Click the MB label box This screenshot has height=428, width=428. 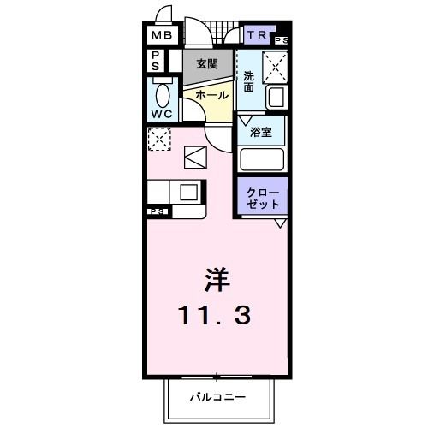162,35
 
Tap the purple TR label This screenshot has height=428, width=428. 257,35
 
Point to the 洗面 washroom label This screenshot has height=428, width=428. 249,80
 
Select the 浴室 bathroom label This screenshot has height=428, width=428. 261,132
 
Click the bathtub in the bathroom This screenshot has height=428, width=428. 262,160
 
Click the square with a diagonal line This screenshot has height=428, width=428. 195,158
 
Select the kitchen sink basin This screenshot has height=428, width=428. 188,191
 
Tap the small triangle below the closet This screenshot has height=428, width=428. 280,224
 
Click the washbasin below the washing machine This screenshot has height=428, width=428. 276,97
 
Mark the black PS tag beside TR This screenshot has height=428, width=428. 282,40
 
